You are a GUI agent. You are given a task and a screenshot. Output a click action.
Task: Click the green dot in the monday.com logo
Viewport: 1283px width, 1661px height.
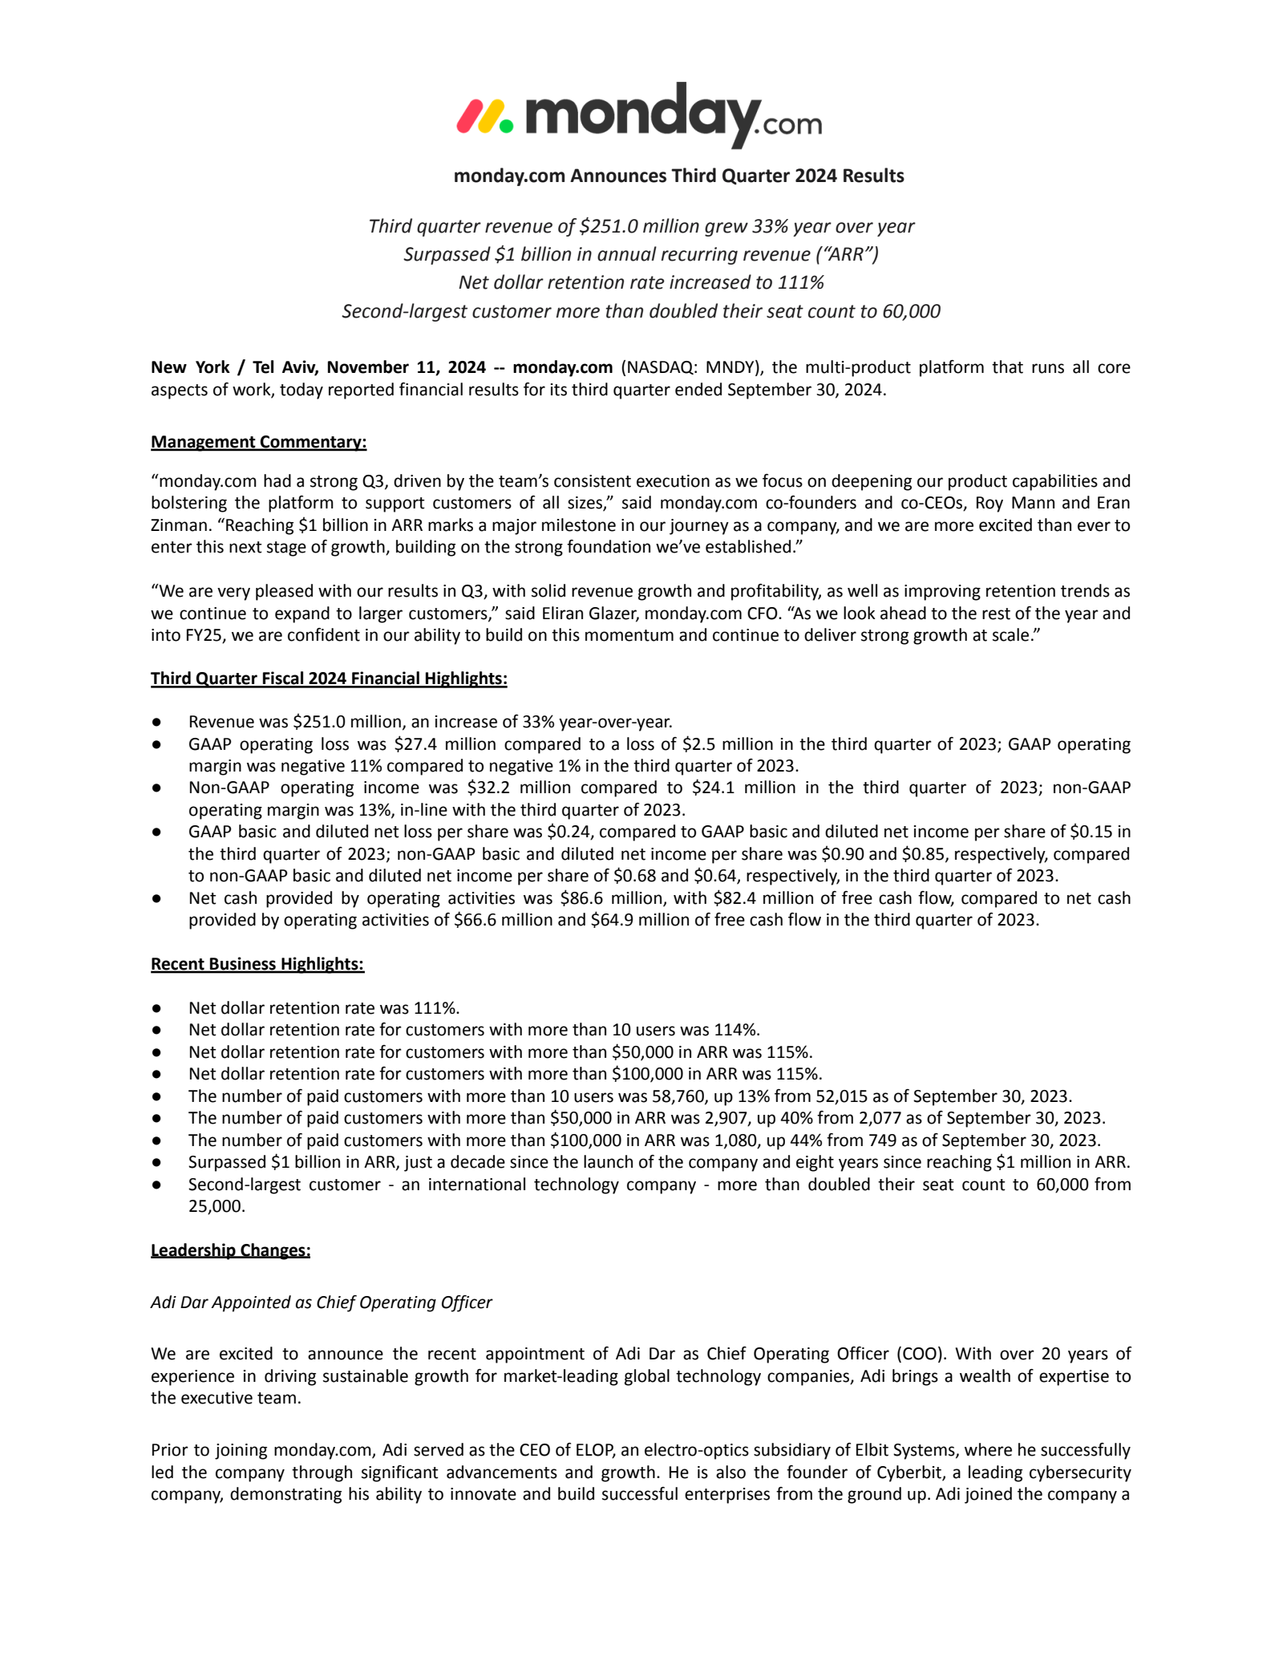coord(505,125)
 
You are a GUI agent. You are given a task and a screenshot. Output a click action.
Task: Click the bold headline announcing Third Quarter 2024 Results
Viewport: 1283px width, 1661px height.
coord(678,176)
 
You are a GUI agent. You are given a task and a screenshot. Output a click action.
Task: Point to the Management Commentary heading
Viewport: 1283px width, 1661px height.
coord(258,442)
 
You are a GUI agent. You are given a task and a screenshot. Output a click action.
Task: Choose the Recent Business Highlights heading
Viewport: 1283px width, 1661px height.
coord(257,964)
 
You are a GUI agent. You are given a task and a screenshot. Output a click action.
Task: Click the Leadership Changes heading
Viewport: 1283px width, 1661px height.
coord(230,1250)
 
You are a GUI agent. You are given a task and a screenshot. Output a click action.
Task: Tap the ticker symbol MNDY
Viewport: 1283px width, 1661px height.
coord(730,367)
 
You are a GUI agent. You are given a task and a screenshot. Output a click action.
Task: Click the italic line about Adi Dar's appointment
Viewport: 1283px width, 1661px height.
coord(322,1302)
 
